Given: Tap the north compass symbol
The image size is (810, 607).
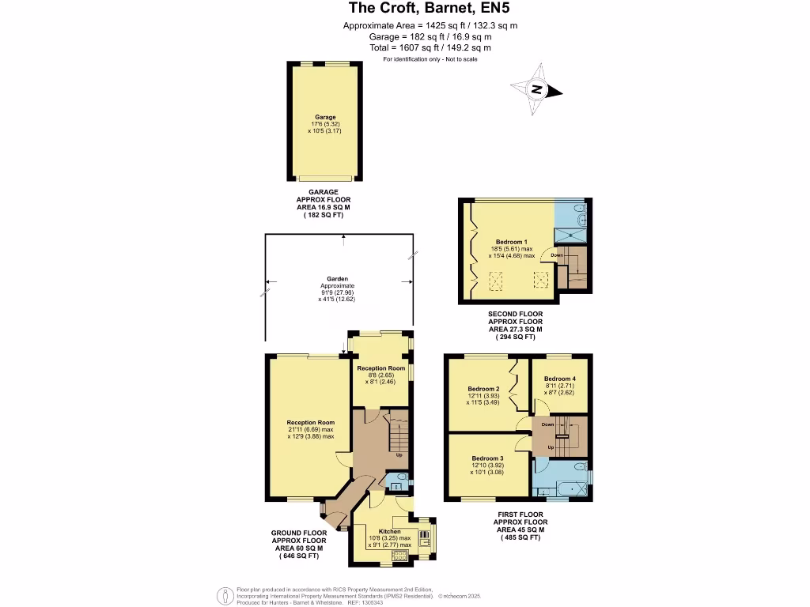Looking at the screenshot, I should pos(537,89).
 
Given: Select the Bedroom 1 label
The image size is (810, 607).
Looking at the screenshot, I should pos(511,242).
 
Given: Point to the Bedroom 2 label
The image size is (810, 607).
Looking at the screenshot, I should pos(483,389).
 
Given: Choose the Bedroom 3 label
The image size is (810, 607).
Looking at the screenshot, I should pos(487,458).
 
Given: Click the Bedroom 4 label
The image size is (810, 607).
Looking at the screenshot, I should pos(559,379).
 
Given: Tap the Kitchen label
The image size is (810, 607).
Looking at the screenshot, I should pos(390,532).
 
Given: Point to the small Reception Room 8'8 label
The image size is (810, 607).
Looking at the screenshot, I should pos(380,368).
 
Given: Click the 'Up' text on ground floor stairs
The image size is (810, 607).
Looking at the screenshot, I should pos(399,455).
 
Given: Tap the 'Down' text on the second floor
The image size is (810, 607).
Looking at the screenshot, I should pos(557,255).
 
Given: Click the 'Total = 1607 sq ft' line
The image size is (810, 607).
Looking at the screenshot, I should pos(430,47).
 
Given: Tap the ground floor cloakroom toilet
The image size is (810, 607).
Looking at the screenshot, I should pos(401,479).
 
